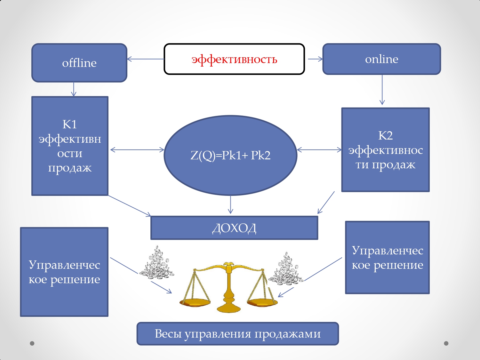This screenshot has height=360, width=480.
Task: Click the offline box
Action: tap(79, 63)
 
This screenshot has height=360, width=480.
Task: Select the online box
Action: tap(381, 59)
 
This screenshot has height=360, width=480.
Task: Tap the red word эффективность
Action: tap(234, 60)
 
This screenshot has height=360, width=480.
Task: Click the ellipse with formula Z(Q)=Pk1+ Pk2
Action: tap(230, 155)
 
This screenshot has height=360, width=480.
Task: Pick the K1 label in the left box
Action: tap(69, 124)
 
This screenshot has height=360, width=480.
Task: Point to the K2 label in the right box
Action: tap(385, 135)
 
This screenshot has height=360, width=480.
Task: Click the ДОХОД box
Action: tap(234, 228)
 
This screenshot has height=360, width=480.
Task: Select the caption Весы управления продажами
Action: tap(237, 333)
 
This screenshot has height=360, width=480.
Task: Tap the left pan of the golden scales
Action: tap(195, 302)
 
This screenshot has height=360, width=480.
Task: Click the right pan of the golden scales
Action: tap(262, 302)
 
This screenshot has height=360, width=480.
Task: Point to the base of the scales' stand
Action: tap(228, 308)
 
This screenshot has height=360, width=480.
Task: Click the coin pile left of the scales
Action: tap(156, 264)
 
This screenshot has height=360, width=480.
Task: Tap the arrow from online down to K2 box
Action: tap(382, 90)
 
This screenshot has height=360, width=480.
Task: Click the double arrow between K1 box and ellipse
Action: tap(137, 149)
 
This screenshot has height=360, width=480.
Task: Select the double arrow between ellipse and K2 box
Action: tap(319, 149)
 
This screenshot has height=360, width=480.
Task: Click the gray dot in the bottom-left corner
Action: tap(32, 343)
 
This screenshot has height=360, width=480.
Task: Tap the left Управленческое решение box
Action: tap(64, 272)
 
